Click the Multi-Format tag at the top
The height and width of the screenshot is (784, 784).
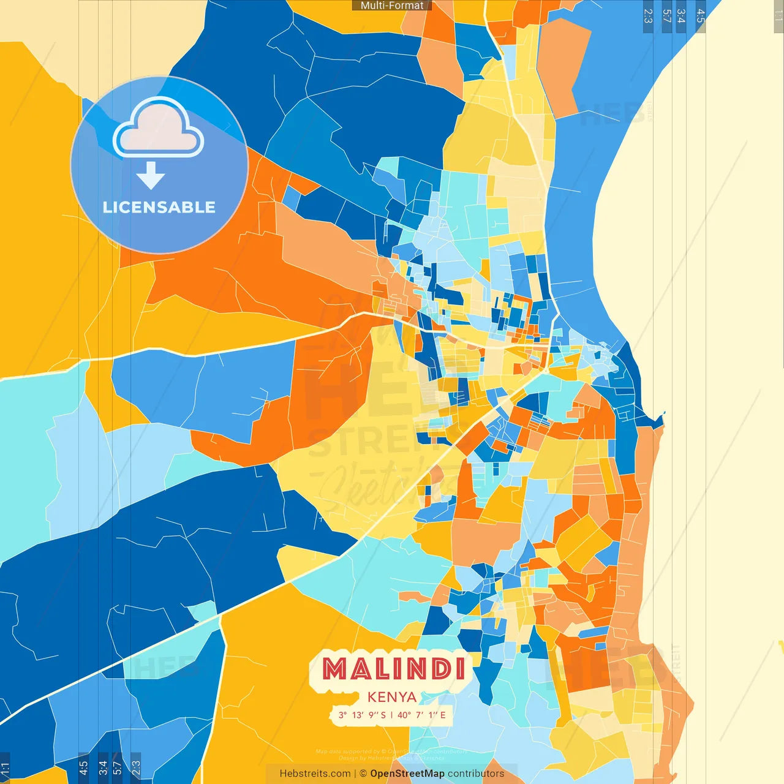(x=392, y=6)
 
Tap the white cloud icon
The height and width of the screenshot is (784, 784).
(x=159, y=129)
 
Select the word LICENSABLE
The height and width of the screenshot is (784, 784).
(x=159, y=208)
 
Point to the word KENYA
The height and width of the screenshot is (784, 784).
(x=392, y=697)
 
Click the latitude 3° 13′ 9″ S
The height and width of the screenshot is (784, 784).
(x=362, y=715)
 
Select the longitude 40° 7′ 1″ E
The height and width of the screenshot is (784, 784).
(x=421, y=715)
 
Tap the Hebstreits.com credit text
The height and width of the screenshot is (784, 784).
(x=315, y=774)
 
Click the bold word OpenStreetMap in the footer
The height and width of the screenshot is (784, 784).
(x=407, y=774)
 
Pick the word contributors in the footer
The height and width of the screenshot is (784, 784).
(x=476, y=774)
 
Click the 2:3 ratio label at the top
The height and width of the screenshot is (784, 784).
(x=648, y=16)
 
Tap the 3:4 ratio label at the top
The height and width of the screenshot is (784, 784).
(x=680, y=16)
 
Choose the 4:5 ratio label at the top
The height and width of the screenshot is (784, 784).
(x=700, y=16)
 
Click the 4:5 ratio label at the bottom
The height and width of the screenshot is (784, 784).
(x=84, y=768)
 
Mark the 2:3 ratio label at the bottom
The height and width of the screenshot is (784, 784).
(x=136, y=768)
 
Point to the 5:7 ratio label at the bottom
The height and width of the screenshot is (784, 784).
(x=118, y=768)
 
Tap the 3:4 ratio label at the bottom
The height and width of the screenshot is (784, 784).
(x=103, y=768)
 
